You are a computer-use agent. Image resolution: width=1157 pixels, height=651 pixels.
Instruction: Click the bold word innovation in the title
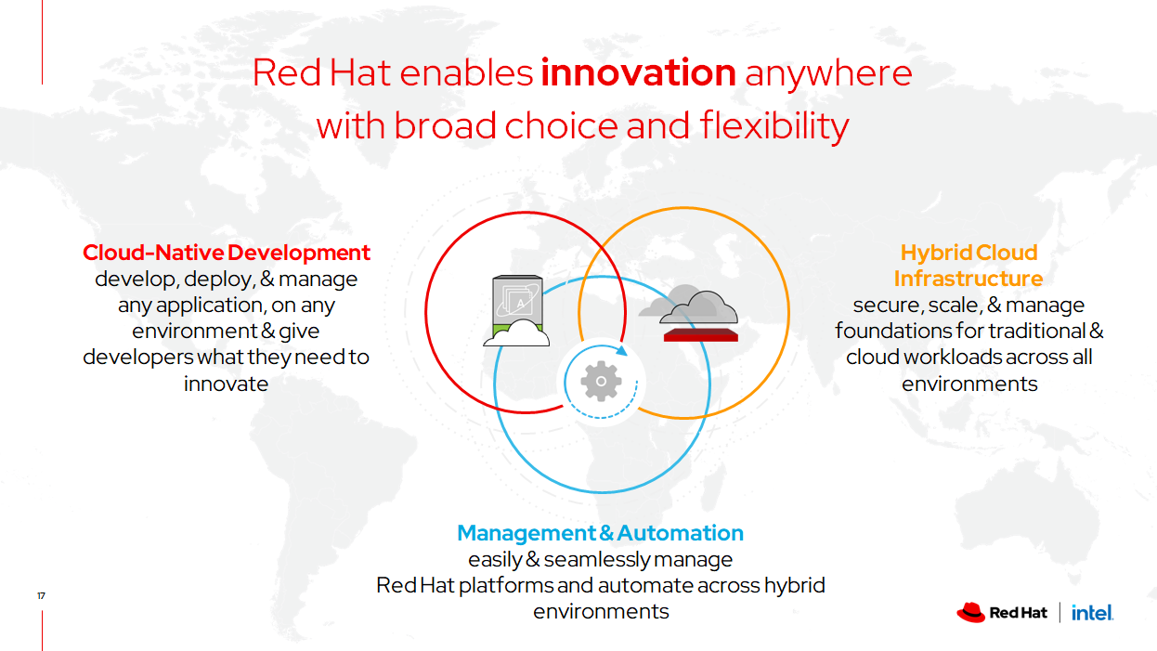point(639,72)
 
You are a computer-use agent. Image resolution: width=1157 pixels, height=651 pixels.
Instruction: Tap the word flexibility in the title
point(774,125)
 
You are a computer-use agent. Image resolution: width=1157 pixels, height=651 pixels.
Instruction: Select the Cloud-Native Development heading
point(227,253)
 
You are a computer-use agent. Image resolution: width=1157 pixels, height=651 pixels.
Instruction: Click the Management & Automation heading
point(600,533)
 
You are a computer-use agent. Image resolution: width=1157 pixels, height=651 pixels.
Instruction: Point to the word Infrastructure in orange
point(968,279)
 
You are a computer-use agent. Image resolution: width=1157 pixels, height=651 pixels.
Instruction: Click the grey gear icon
point(601,382)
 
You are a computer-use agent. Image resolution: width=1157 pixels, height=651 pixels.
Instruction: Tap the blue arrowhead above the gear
point(622,351)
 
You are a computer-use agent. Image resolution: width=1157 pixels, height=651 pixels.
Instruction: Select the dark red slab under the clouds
point(701,335)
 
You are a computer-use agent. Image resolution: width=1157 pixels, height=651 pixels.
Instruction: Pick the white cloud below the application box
point(517,333)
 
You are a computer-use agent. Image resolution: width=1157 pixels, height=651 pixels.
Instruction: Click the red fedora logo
point(971,613)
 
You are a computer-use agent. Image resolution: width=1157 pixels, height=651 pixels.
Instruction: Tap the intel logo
point(1092,613)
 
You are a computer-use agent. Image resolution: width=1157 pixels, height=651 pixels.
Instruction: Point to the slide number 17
point(41,595)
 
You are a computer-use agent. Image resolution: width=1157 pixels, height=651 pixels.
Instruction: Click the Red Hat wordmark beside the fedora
point(1018,613)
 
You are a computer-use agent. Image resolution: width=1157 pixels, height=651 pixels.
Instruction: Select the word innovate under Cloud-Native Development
point(227,384)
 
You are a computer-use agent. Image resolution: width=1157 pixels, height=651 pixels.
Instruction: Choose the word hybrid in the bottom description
point(795,586)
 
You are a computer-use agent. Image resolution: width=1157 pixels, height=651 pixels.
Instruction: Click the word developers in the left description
point(137,358)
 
